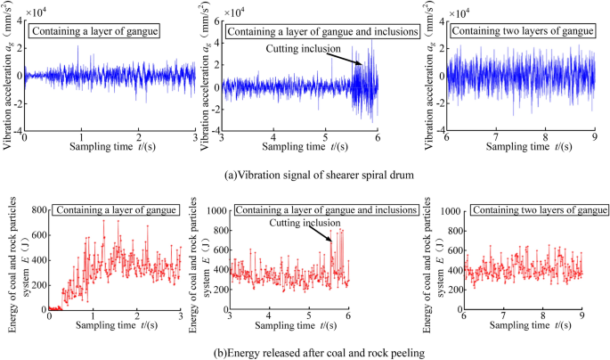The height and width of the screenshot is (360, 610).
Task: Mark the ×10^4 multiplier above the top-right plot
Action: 461,12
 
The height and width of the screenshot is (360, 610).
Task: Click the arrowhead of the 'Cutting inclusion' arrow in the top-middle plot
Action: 362,64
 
